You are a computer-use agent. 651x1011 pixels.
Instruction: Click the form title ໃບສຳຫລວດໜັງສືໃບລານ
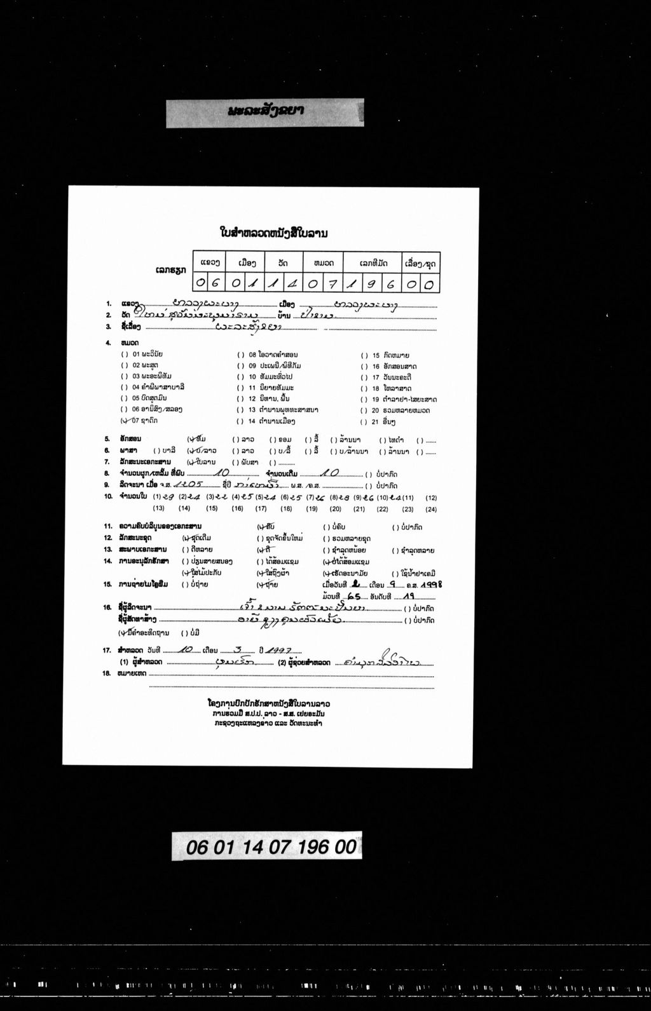273,233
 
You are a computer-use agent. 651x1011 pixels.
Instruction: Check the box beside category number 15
364,355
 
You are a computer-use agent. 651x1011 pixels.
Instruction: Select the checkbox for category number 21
364,422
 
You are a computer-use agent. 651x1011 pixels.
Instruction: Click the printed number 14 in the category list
252,421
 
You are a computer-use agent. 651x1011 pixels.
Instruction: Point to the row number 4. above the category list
108,343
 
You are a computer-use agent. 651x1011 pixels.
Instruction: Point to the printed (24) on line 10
431,508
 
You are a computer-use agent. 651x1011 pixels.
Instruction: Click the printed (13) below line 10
159,508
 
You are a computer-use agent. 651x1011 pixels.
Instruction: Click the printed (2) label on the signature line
283,662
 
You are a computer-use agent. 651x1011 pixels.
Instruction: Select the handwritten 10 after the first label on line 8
222,473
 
